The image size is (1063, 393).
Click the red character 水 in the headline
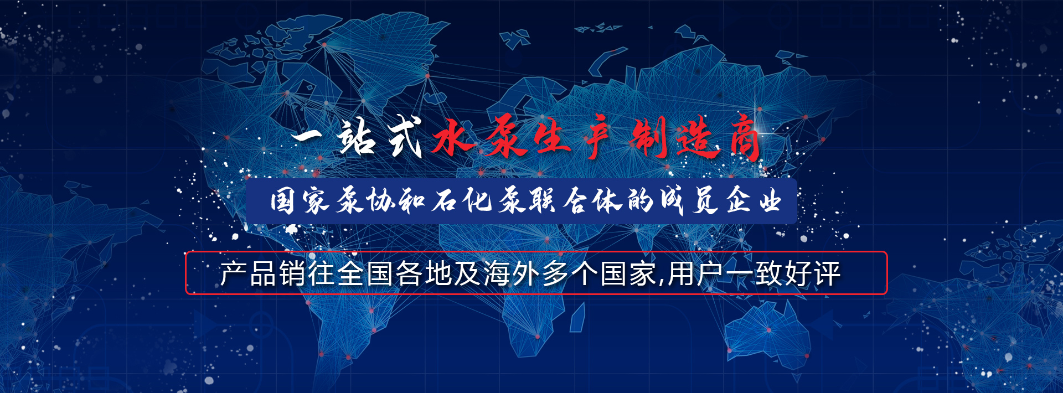453,137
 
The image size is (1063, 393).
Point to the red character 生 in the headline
551,138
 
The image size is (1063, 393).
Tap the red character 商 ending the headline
745,138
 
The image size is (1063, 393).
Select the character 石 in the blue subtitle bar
445,200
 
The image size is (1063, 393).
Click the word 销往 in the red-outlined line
307,273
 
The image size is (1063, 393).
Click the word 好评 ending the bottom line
812,273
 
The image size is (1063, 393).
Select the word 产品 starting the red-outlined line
249,273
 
